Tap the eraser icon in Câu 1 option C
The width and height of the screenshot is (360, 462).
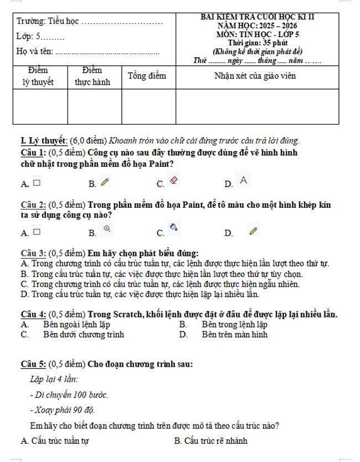coord(173,181)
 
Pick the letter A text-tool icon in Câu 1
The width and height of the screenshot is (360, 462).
coord(243,179)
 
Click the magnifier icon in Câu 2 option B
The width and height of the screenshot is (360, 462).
coord(107,228)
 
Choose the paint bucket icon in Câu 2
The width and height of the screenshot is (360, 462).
coord(173,227)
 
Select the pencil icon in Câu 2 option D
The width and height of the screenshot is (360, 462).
coord(254,231)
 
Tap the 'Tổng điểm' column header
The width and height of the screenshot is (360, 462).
coord(147,76)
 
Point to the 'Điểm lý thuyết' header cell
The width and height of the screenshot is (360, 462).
coord(38,76)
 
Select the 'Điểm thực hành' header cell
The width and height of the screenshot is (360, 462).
coord(93,76)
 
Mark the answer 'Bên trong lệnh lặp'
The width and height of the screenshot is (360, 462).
coord(234,325)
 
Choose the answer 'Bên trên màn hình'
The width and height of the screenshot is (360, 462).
coord(234,335)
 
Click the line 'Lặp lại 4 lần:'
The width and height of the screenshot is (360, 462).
coord(54,379)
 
